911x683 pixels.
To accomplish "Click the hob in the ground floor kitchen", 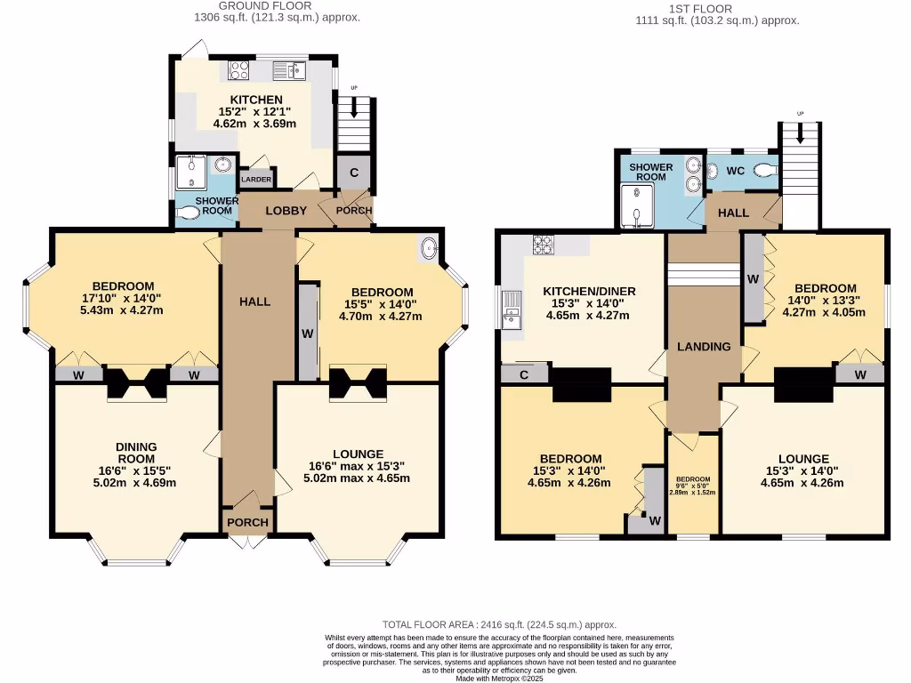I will (x=238, y=70).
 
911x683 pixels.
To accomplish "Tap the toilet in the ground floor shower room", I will (x=189, y=213).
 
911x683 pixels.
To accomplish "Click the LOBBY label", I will (x=286, y=212).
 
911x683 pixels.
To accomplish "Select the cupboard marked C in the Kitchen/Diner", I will (x=524, y=375).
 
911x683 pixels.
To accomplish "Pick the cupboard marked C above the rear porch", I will (x=353, y=173).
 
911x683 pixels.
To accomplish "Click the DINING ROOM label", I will (x=136, y=453).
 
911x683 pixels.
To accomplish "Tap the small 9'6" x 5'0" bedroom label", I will (x=693, y=485).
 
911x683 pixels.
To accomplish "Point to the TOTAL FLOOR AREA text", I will (x=498, y=625).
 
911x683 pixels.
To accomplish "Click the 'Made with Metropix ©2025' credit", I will (x=500, y=679).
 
